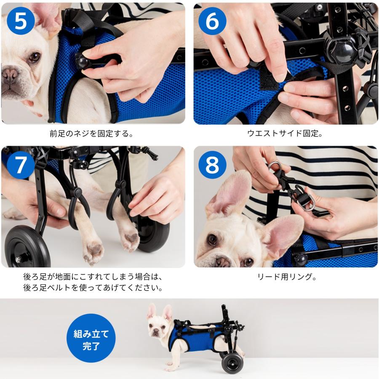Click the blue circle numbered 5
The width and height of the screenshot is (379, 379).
21,21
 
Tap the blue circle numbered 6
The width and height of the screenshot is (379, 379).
212,21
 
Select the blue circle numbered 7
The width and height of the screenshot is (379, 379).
21,165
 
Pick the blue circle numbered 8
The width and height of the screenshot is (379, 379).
212,165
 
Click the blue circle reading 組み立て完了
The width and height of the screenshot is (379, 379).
91,338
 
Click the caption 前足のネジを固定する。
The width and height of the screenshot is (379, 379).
91,133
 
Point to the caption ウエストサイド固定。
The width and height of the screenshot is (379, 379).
285,133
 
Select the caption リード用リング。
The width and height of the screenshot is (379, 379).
287,277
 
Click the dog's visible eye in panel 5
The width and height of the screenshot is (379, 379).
35,57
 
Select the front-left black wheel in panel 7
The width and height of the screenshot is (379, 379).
27,246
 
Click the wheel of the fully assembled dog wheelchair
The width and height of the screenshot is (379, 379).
232,364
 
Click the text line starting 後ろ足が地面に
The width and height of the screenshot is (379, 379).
93,277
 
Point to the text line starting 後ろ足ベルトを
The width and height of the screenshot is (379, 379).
93,288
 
